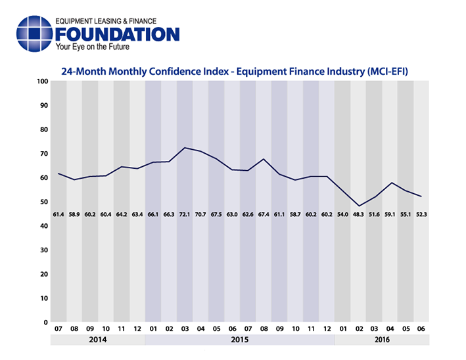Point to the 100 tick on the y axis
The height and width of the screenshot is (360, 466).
pyautogui.click(x=43, y=81)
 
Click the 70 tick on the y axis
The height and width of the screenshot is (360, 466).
pyautogui.click(x=44, y=154)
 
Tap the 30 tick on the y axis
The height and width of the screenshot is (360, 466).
pyautogui.click(x=44, y=250)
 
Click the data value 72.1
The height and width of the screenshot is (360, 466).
pyautogui.click(x=185, y=215)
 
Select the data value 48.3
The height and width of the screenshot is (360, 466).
pyautogui.click(x=358, y=215)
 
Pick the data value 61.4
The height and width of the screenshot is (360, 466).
pyautogui.click(x=58, y=215)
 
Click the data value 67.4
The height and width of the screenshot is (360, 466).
pyautogui.click(x=264, y=215)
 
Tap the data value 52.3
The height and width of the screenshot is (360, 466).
pyautogui.click(x=421, y=215)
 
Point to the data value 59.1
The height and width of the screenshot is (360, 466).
pyautogui.click(x=390, y=215)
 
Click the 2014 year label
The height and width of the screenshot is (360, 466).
pyautogui.click(x=98, y=340)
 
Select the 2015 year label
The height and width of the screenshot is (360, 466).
pyautogui.click(x=240, y=340)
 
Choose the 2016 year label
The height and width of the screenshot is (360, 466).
pyautogui.click(x=382, y=340)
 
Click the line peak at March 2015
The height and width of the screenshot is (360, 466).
pyautogui.click(x=185, y=148)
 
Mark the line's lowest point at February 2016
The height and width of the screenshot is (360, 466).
pyautogui.click(x=358, y=206)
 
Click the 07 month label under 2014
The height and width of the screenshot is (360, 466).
pyautogui.click(x=58, y=328)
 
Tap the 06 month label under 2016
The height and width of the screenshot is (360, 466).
pyautogui.click(x=421, y=328)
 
